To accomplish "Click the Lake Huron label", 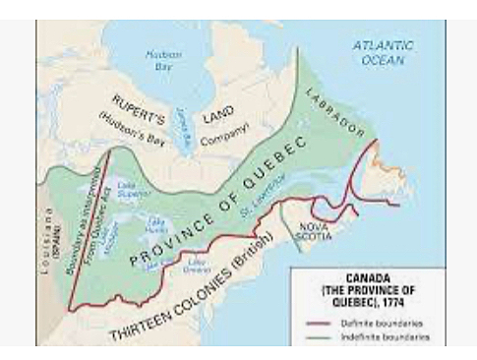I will click(x=154, y=226).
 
